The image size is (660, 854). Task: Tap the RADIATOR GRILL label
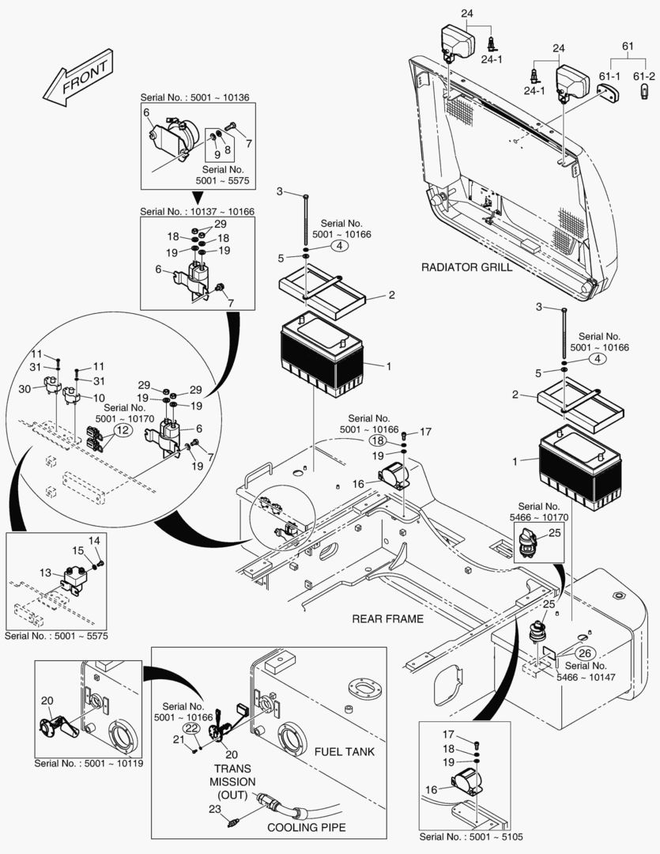point(466,267)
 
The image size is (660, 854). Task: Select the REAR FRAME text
point(387,618)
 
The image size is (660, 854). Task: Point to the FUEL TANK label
point(344,751)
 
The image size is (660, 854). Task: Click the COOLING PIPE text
point(304,828)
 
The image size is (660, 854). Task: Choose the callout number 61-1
point(609,76)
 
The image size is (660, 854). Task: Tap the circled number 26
point(584,653)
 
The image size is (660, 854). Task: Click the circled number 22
point(191,727)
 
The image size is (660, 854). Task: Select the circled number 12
point(123,429)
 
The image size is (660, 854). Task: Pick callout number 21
point(179,739)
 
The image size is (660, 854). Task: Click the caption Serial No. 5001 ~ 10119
point(89,764)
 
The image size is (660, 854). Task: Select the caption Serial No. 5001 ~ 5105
point(472,837)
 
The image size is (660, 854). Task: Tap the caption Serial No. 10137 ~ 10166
point(196,212)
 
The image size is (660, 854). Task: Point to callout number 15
point(77,550)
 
